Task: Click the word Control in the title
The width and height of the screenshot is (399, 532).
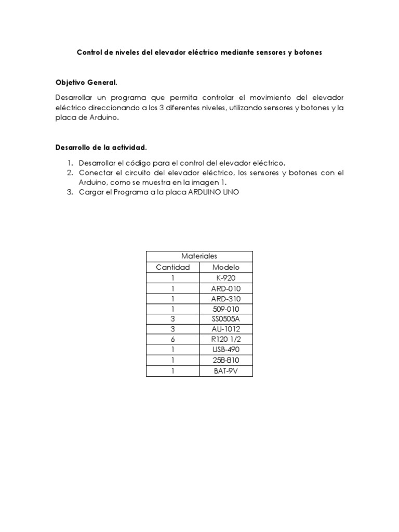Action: point(90,52)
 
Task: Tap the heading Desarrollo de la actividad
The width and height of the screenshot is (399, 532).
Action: point(98,147)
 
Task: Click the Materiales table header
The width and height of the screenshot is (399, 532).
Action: point(199,256)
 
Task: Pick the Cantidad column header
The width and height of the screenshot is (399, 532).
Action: point(173,267)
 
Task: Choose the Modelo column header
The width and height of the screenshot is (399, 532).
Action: point(226,267)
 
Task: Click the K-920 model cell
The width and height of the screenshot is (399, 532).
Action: point(226,278)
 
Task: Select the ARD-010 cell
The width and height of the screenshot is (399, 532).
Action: point(226,288)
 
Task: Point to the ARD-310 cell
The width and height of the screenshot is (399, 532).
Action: point(226,299)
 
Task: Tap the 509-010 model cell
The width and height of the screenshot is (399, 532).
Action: point(226,309)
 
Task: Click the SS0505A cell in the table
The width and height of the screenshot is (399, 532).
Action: point(226,319)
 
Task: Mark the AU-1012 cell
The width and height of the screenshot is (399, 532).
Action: point(226,329)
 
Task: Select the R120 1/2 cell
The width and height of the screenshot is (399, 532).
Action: point(226,340)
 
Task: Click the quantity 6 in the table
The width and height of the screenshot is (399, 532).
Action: point(173,340)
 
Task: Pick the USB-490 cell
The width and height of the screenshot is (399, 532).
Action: point(226,350)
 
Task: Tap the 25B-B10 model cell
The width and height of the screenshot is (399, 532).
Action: point(226,361)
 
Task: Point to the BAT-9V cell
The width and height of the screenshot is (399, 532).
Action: point(226,371)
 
